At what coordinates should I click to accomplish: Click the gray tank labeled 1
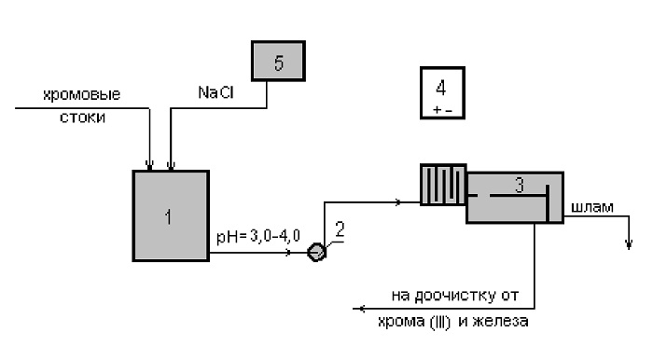pos(171,215)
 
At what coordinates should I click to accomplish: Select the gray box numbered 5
pos(278,61)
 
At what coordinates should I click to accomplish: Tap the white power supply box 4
pos(442,93)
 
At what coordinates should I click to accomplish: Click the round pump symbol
pos(316,252)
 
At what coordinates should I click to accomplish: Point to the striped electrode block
pos(443,185)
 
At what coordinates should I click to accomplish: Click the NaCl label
pos(215,92)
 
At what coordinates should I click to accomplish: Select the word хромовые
pos(82,95)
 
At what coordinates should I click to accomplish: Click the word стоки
pos(82,118)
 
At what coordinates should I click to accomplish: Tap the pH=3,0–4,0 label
pos(258,236)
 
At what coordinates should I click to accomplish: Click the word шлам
pos(591,207)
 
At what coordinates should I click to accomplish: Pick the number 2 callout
pos(340,229)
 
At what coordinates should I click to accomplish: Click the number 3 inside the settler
pos(519,186)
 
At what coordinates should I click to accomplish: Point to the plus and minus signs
pos(442,110)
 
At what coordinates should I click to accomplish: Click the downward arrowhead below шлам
pos(629,244)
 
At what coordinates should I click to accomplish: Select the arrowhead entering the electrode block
pos(398,202)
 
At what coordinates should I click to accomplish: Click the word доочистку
pos(455,296)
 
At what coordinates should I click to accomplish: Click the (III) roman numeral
pos(439,322)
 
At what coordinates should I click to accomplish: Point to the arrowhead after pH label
pos(287,252)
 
